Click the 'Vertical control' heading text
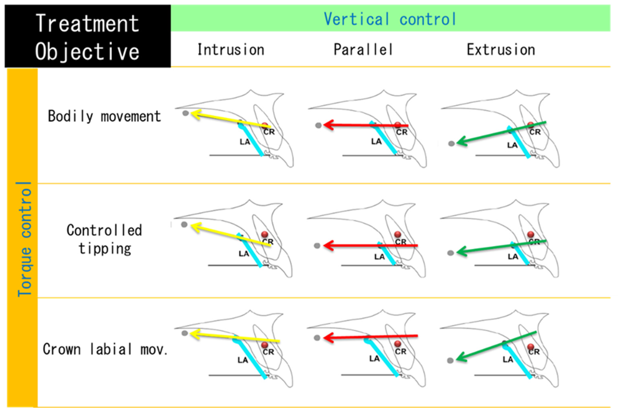(390, 19)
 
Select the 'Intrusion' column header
(231, 50)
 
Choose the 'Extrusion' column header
(501, 50)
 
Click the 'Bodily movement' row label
(104, 116)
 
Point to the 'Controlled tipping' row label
(104, 239)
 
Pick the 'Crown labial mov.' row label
(105, 350)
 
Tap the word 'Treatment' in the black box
(87, 24)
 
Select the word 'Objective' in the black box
(87, 51)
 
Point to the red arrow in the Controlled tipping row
(369, 246)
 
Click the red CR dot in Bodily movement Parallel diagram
(398, 125)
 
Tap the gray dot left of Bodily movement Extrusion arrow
(451, 144)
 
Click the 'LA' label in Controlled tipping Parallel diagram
(379, 257)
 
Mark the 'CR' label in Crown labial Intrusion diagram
(268, 352)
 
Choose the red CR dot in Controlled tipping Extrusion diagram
(531, 234)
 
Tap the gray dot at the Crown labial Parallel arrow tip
(317, 338)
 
